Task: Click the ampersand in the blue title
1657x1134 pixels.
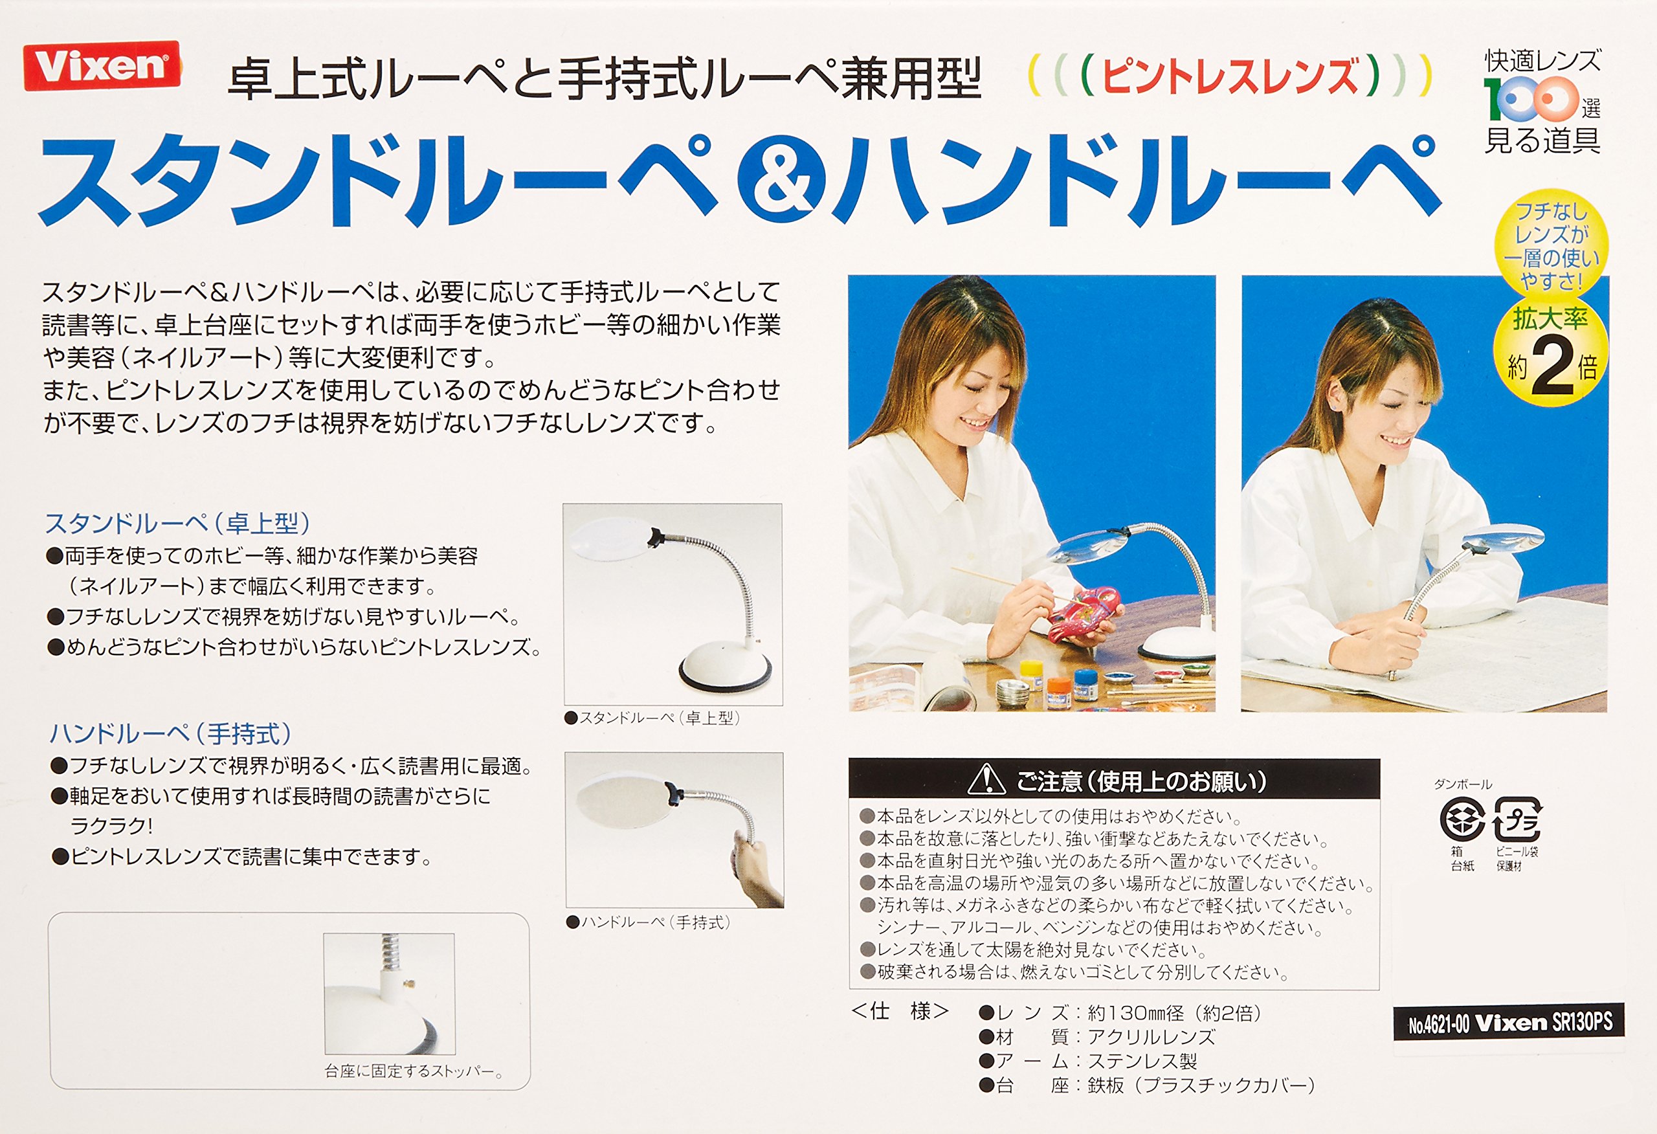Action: [781, 181]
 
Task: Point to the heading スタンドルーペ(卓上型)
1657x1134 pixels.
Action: [177, 524]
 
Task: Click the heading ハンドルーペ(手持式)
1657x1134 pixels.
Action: [170, 734]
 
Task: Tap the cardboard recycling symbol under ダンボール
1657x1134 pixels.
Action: [1462, 819]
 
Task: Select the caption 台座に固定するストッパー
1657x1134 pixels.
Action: [414, 1072]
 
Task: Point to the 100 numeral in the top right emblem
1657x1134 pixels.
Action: [1531, 98]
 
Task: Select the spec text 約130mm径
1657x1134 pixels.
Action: [1136, 1014]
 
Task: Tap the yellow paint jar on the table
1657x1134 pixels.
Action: [1030, 671]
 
